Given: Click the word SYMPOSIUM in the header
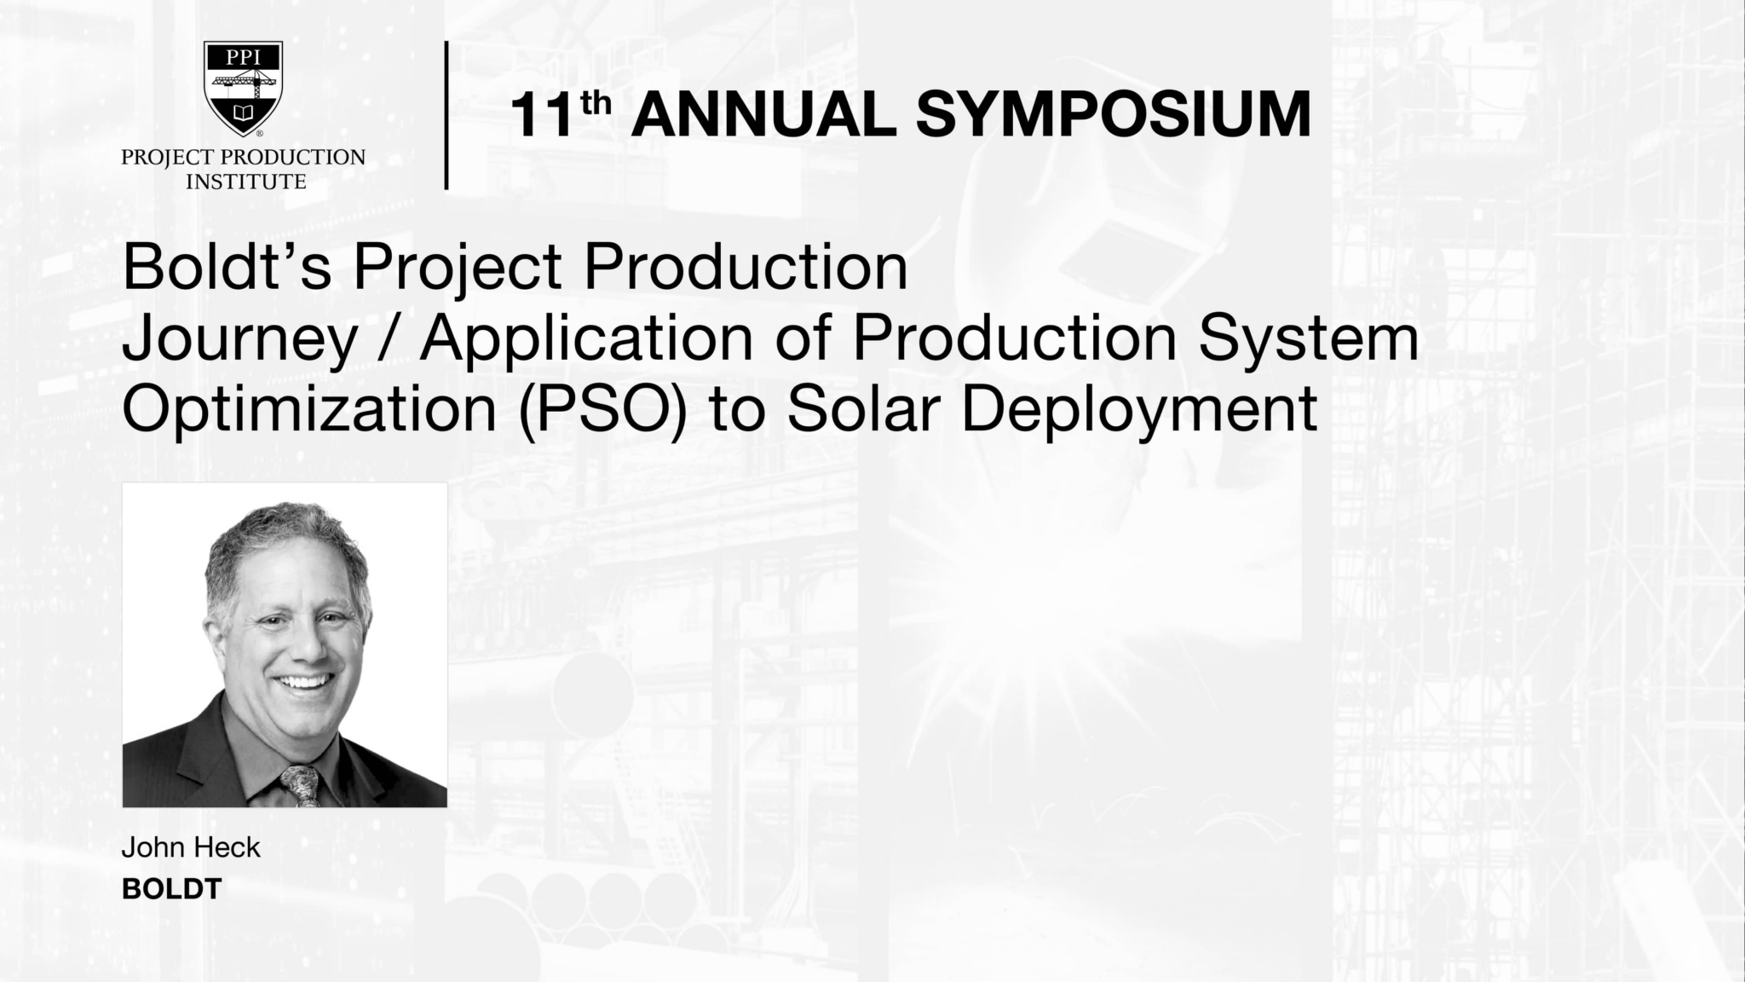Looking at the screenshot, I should coord(1113,115).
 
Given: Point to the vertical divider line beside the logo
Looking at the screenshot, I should coord(446,115).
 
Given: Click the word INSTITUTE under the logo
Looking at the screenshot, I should coord(245,182).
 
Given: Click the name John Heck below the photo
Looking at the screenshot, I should coord(191,847).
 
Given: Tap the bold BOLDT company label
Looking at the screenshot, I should coord(171,889).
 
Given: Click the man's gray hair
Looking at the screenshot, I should coord(281,537).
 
